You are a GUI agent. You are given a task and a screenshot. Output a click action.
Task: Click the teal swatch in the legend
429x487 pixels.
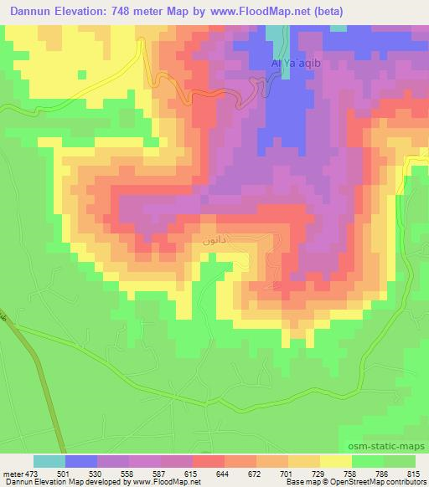(49, 461)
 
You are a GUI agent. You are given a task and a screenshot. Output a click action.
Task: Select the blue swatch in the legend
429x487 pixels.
(81, 461)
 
